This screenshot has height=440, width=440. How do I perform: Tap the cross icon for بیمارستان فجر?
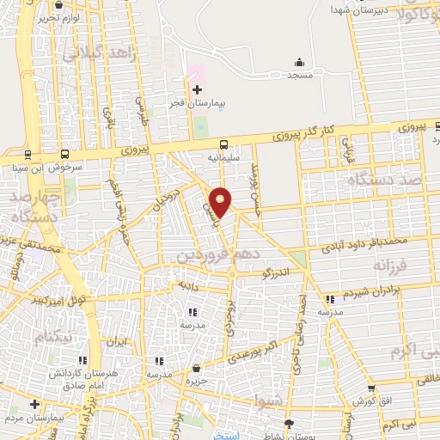(x=197, y=89)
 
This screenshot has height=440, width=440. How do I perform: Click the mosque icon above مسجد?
(x=299, y=62)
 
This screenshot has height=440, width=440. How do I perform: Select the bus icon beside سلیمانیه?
(x=223, y=144)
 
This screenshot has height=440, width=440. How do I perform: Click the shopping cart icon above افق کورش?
(x=371, y=388)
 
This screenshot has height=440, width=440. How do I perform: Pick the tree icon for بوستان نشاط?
(x=290, y=424)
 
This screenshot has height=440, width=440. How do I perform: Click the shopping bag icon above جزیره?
(x=197, y=366)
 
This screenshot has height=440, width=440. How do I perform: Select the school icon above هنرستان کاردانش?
(x=82, y=362)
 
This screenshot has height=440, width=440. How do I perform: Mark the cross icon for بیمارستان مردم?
(x=35, y=403)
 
